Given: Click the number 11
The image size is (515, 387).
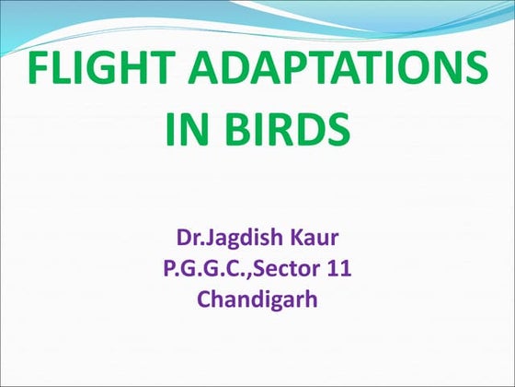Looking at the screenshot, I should tap(338, 272).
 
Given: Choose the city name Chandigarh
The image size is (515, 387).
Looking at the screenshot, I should tap(257, 299).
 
